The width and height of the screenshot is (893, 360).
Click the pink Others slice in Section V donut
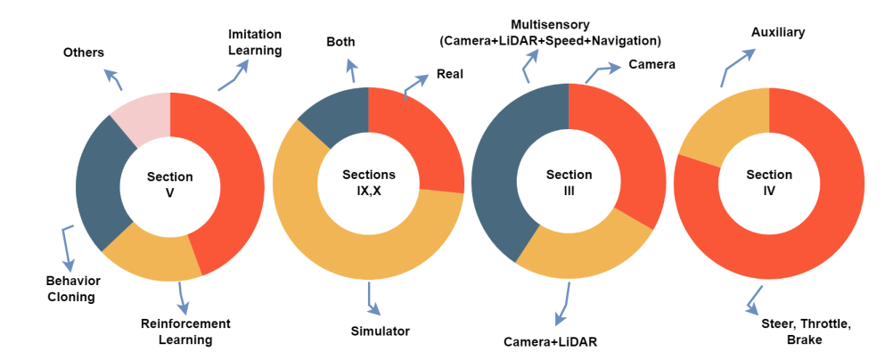(143, 116)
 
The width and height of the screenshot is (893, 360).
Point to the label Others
(83, 53)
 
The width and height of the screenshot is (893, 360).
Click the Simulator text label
(380, 331)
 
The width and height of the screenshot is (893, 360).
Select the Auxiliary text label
(777, 32)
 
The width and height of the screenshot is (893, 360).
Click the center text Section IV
(769, 183)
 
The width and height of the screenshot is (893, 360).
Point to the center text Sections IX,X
(368, 183)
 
